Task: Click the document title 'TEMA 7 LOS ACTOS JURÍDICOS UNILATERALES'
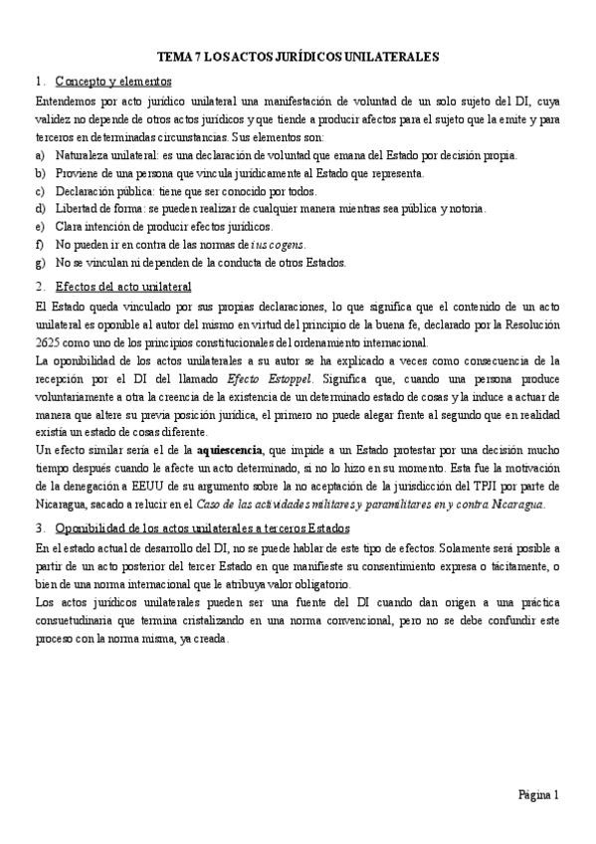(298, 59)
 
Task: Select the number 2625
(48, 343)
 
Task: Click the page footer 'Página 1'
(539, 795)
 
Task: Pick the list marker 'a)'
(39, 155)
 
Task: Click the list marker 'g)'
(39, 263)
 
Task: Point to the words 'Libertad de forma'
(99, 209)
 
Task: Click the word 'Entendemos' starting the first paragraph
(65, 103)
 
